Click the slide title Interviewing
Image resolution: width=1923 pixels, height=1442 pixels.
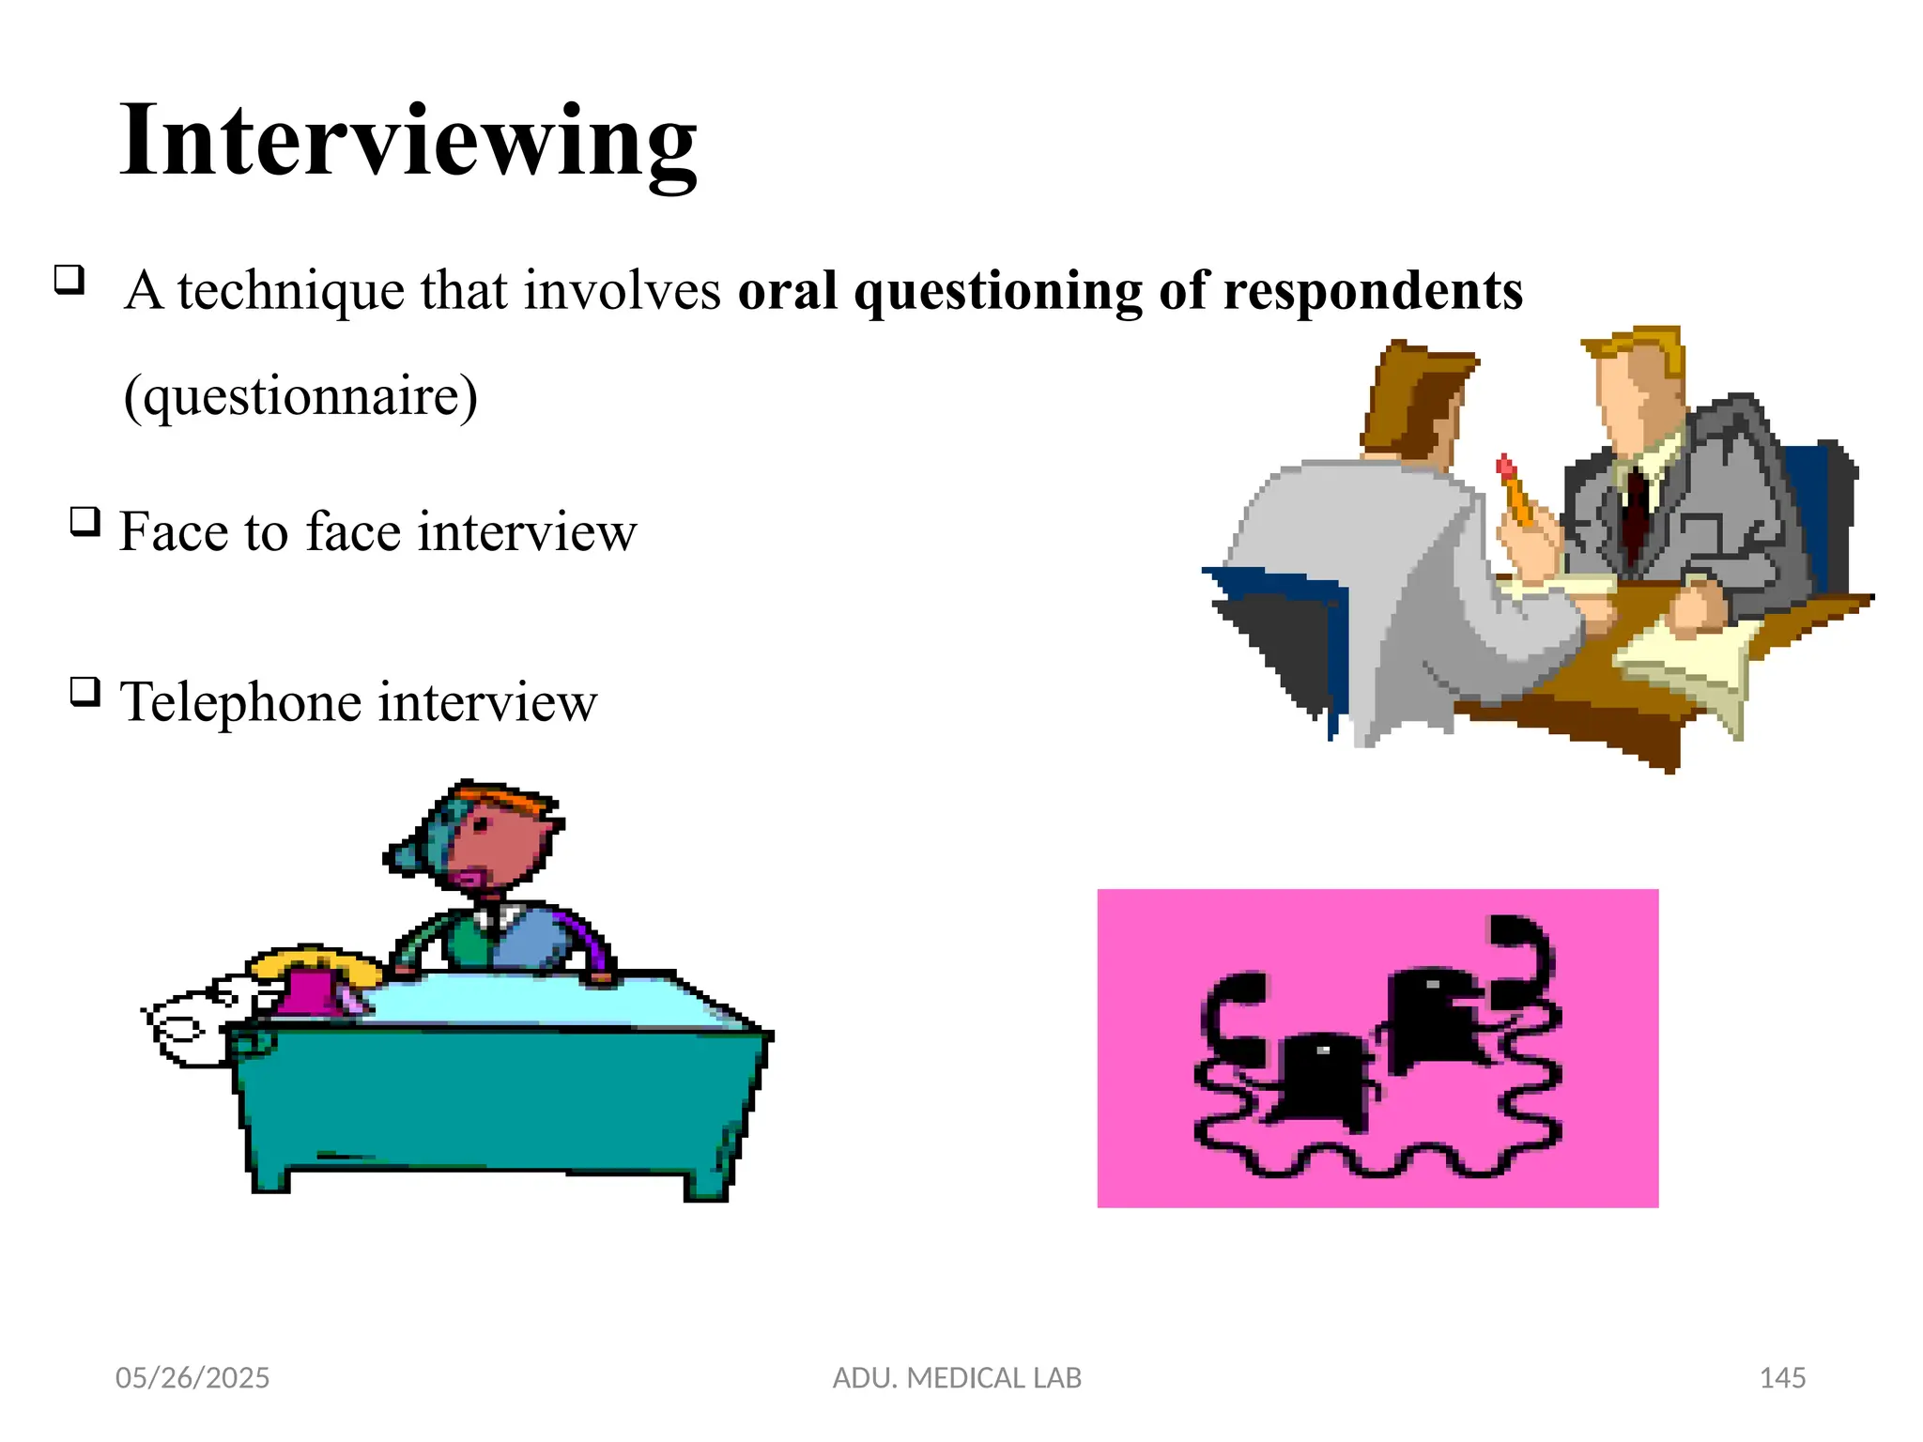coord(408,141)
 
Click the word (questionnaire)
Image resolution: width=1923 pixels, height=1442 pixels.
coord(300,396)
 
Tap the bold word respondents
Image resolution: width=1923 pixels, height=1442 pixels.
coord(1373,290)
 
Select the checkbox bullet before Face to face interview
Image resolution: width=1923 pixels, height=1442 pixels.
coord(85,521)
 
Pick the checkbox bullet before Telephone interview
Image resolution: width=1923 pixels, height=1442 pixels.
coord(85,692)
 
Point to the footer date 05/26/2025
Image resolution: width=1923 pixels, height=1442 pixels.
coord(192,1377)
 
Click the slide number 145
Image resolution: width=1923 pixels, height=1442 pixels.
coord(1782,1377)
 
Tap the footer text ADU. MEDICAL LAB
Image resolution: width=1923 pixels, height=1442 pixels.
coord(957,1377)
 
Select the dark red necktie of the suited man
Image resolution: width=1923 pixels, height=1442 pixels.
coord(1636,512)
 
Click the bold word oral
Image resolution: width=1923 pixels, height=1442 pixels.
coord(787,290)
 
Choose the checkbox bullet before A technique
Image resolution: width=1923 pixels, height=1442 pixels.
coord(69,279)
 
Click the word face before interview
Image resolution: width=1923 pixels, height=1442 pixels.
coord(353,532)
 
